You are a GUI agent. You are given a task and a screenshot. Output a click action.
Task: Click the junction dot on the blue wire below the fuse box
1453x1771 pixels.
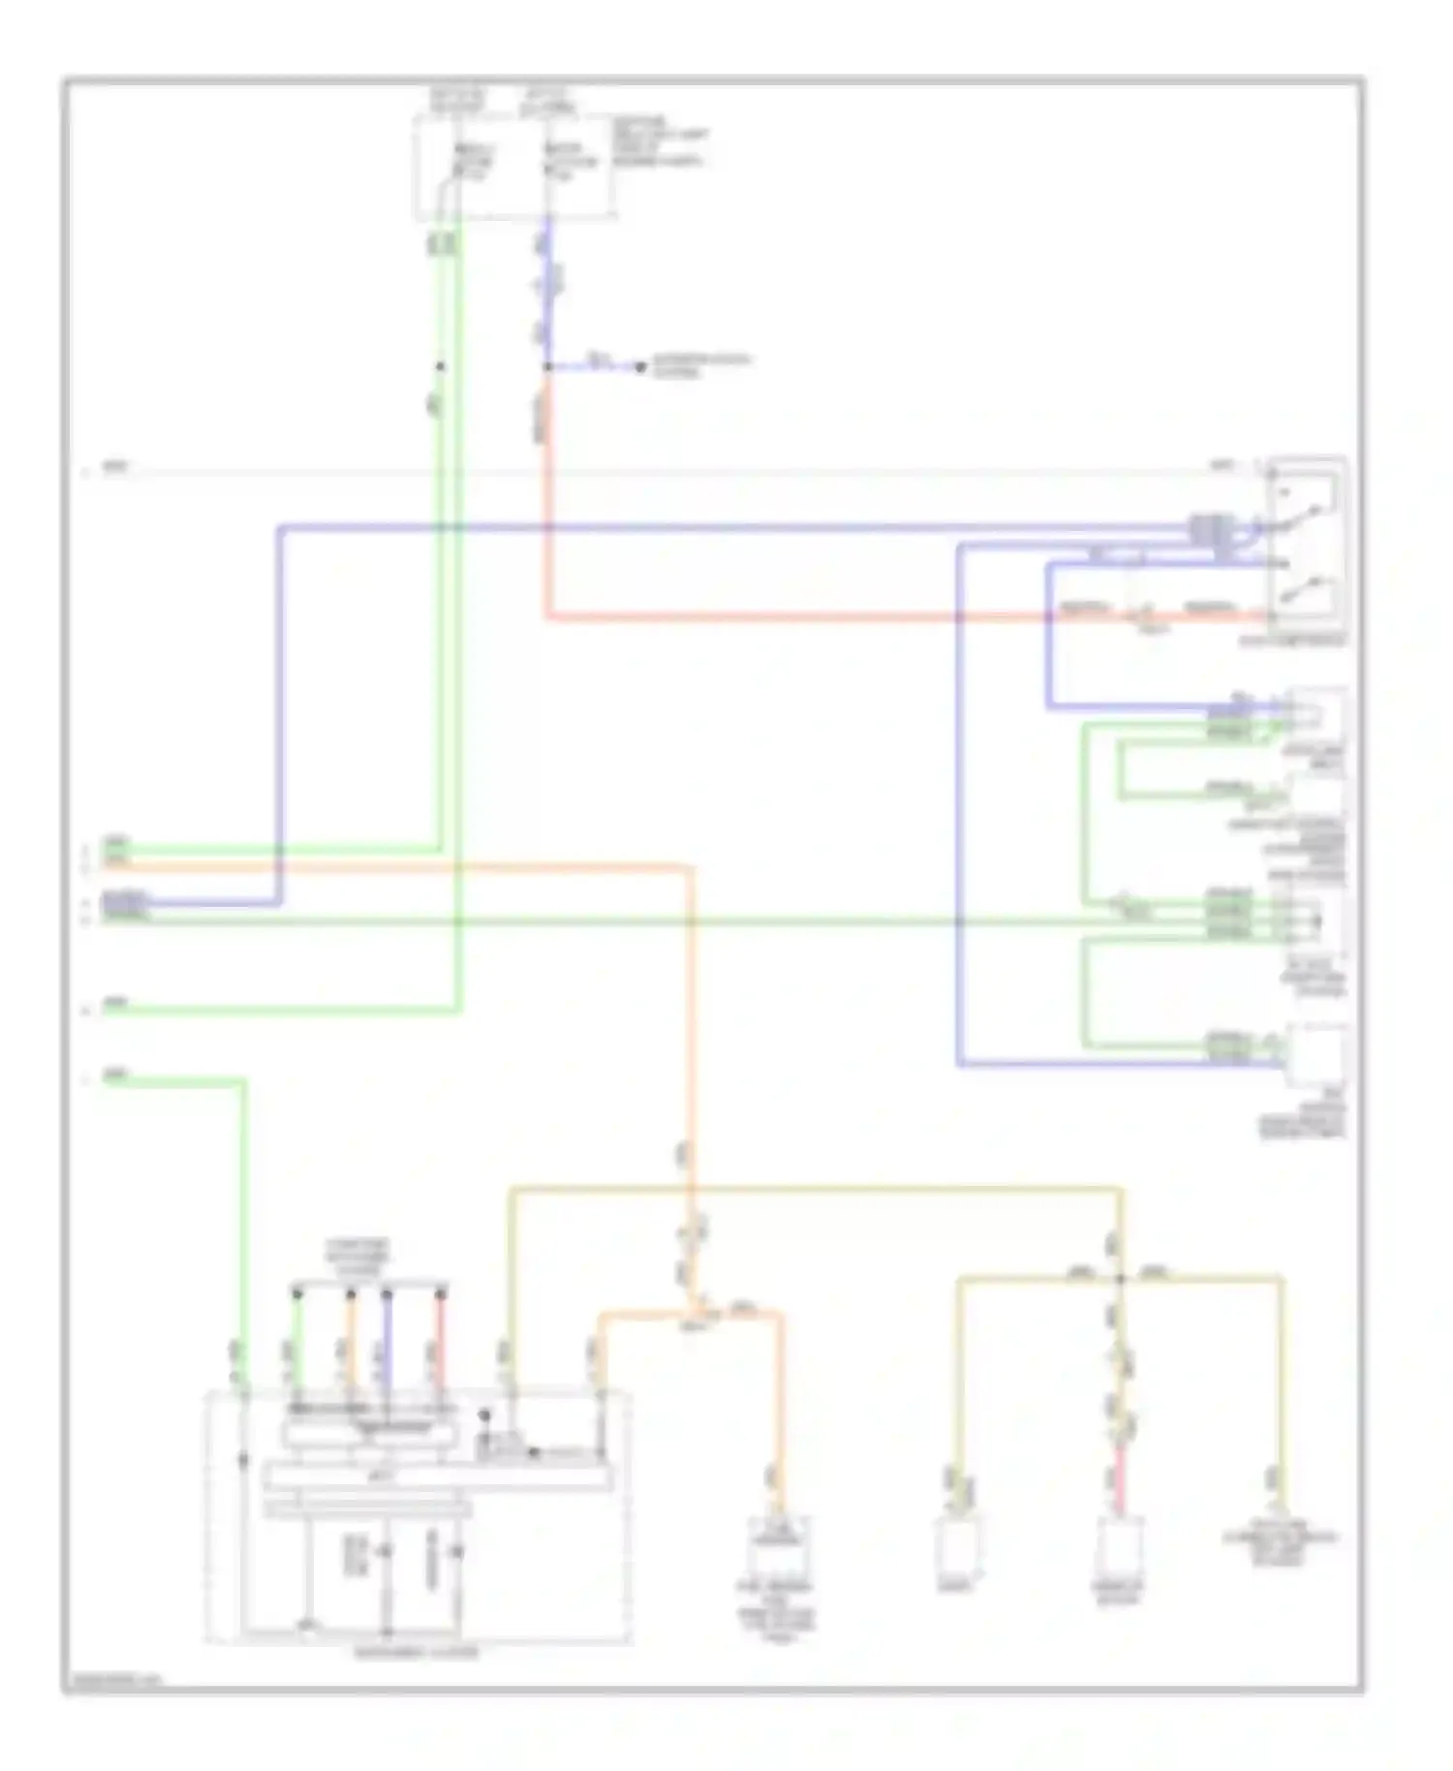(x=546, y=367)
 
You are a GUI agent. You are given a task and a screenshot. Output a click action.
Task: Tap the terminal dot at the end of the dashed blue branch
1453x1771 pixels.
(x=639, y=367)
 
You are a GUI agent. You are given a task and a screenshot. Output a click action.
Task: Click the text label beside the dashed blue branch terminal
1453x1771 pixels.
(x=700, y=365)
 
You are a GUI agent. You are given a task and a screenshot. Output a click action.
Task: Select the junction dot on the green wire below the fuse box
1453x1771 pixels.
(x=440, y=367)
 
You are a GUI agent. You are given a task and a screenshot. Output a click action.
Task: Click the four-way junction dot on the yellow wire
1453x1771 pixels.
(x=1121, y=1279)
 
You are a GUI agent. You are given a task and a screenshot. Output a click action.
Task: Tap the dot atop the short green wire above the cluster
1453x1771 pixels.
(x=297, y=1293)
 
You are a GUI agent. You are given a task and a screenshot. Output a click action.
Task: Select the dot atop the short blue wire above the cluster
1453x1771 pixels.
(x=386, y=1293)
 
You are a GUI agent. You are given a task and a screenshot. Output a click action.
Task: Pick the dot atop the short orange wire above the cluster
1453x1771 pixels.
(x=351, y=1293)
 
